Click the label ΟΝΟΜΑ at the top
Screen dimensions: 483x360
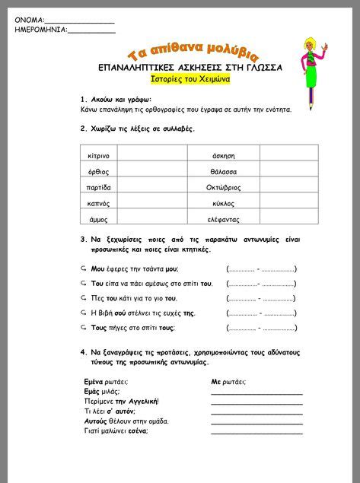29,20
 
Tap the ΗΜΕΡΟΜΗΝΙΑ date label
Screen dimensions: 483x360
40,30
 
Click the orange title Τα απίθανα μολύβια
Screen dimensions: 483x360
193,52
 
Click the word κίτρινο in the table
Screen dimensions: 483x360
99,155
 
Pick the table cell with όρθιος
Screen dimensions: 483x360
98,171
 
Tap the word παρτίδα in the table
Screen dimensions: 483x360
100,187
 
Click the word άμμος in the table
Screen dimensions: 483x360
97,219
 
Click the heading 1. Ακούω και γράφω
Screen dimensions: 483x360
116,99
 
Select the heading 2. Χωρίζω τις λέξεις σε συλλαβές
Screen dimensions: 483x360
137,129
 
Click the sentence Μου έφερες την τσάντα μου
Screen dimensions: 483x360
134,269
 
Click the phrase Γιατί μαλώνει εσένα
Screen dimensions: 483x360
116,431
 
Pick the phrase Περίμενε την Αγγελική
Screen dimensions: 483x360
121,401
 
